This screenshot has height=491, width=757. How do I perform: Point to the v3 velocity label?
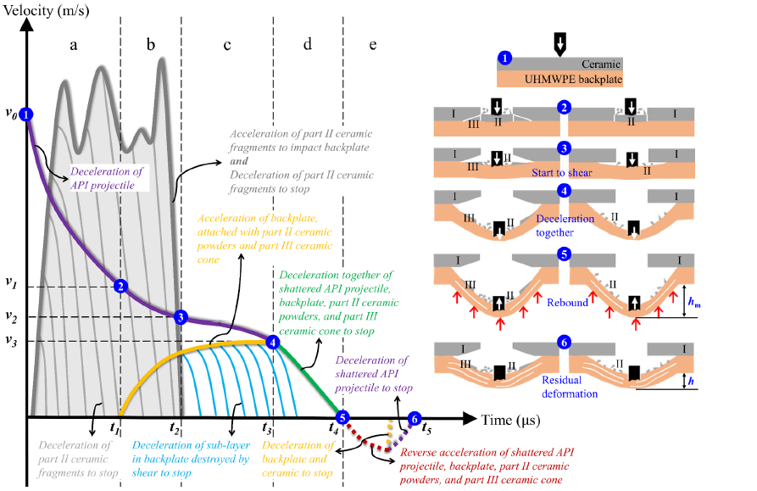click(x=10, y=342)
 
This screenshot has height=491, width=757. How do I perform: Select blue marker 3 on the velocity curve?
click(x=180, y=317)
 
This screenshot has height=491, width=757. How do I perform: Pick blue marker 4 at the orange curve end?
click(x=272, y=342)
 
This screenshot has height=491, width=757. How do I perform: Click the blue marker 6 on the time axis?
click(x=414, y=417)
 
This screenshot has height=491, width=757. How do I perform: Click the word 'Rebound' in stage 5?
click(x=567, y=302)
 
